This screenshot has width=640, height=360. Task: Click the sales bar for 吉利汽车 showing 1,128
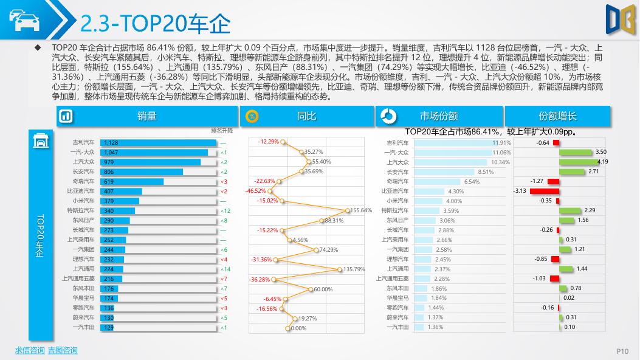point(158,142)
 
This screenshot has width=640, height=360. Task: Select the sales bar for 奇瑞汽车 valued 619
point(131,181)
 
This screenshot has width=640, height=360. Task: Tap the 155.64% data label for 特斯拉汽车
point(361,210)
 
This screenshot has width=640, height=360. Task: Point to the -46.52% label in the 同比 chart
point(255,191)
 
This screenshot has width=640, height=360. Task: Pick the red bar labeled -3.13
point(543,191)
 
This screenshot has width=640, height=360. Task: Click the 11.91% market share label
point(501,142)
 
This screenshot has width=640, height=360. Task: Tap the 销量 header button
point(146,116)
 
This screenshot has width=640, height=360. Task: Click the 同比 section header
point(306,116)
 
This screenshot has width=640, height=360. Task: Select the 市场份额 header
point(438,116)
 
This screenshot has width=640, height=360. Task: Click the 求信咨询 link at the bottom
point(30,350)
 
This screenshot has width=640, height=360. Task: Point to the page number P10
point(622,351)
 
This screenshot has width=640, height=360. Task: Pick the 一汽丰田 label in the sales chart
point(84,327)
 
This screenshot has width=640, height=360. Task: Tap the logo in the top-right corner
point(621,19)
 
